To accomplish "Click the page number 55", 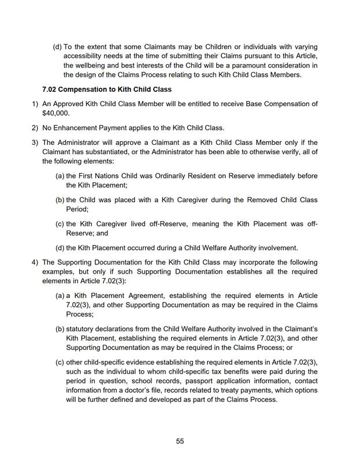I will (x=180, y=441).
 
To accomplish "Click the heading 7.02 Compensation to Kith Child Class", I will (x=107, y=90).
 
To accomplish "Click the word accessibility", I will (x=87, y=56).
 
